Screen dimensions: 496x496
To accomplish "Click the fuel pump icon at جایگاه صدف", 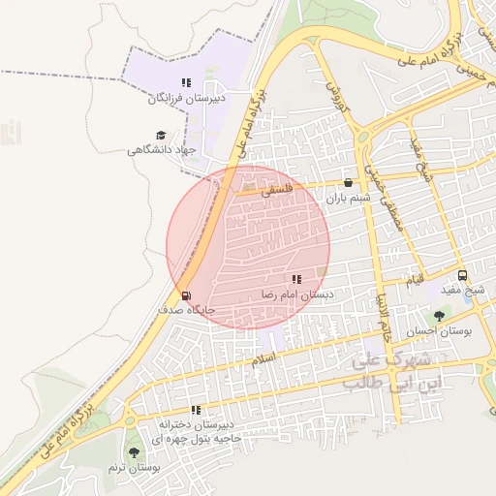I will (x=184, y=295).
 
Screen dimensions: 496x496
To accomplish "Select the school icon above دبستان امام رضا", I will (x=295, y=279).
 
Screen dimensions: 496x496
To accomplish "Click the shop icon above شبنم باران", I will (x=349, y=182).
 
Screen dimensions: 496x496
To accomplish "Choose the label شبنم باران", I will (x=348, y=197).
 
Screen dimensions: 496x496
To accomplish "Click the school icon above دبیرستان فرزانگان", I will (x=185, y=83).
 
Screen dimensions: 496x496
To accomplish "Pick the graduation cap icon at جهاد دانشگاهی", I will (x=160, y=136).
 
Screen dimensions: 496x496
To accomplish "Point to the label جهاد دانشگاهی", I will (x=162, y=150).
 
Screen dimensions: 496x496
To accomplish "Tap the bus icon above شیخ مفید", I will (x=462, y=275).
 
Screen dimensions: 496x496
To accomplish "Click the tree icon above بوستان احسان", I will (x=441, y=316).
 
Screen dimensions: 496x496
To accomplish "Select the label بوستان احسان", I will (x=441, y=330).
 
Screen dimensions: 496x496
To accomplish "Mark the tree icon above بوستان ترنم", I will (x=132, y=452).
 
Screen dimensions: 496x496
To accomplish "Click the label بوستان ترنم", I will (x=131, y=467).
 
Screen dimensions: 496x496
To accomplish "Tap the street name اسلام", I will (x=263, y=358).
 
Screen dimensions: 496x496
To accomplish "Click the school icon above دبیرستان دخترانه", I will (x=197, y=411).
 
